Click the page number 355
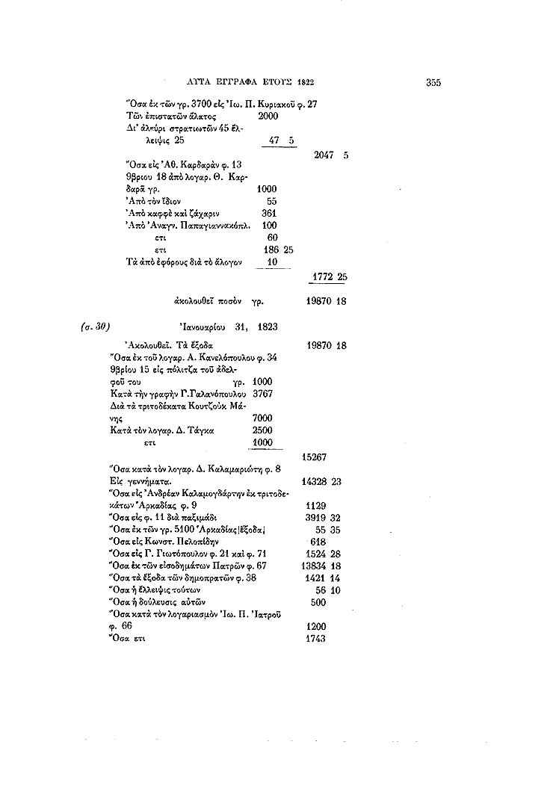[x=435, y=83]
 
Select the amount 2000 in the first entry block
[x=268, y=117]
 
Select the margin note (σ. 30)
[x=95, y=326]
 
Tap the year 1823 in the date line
[x=270, y=326]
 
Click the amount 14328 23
[x=324, y=482]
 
